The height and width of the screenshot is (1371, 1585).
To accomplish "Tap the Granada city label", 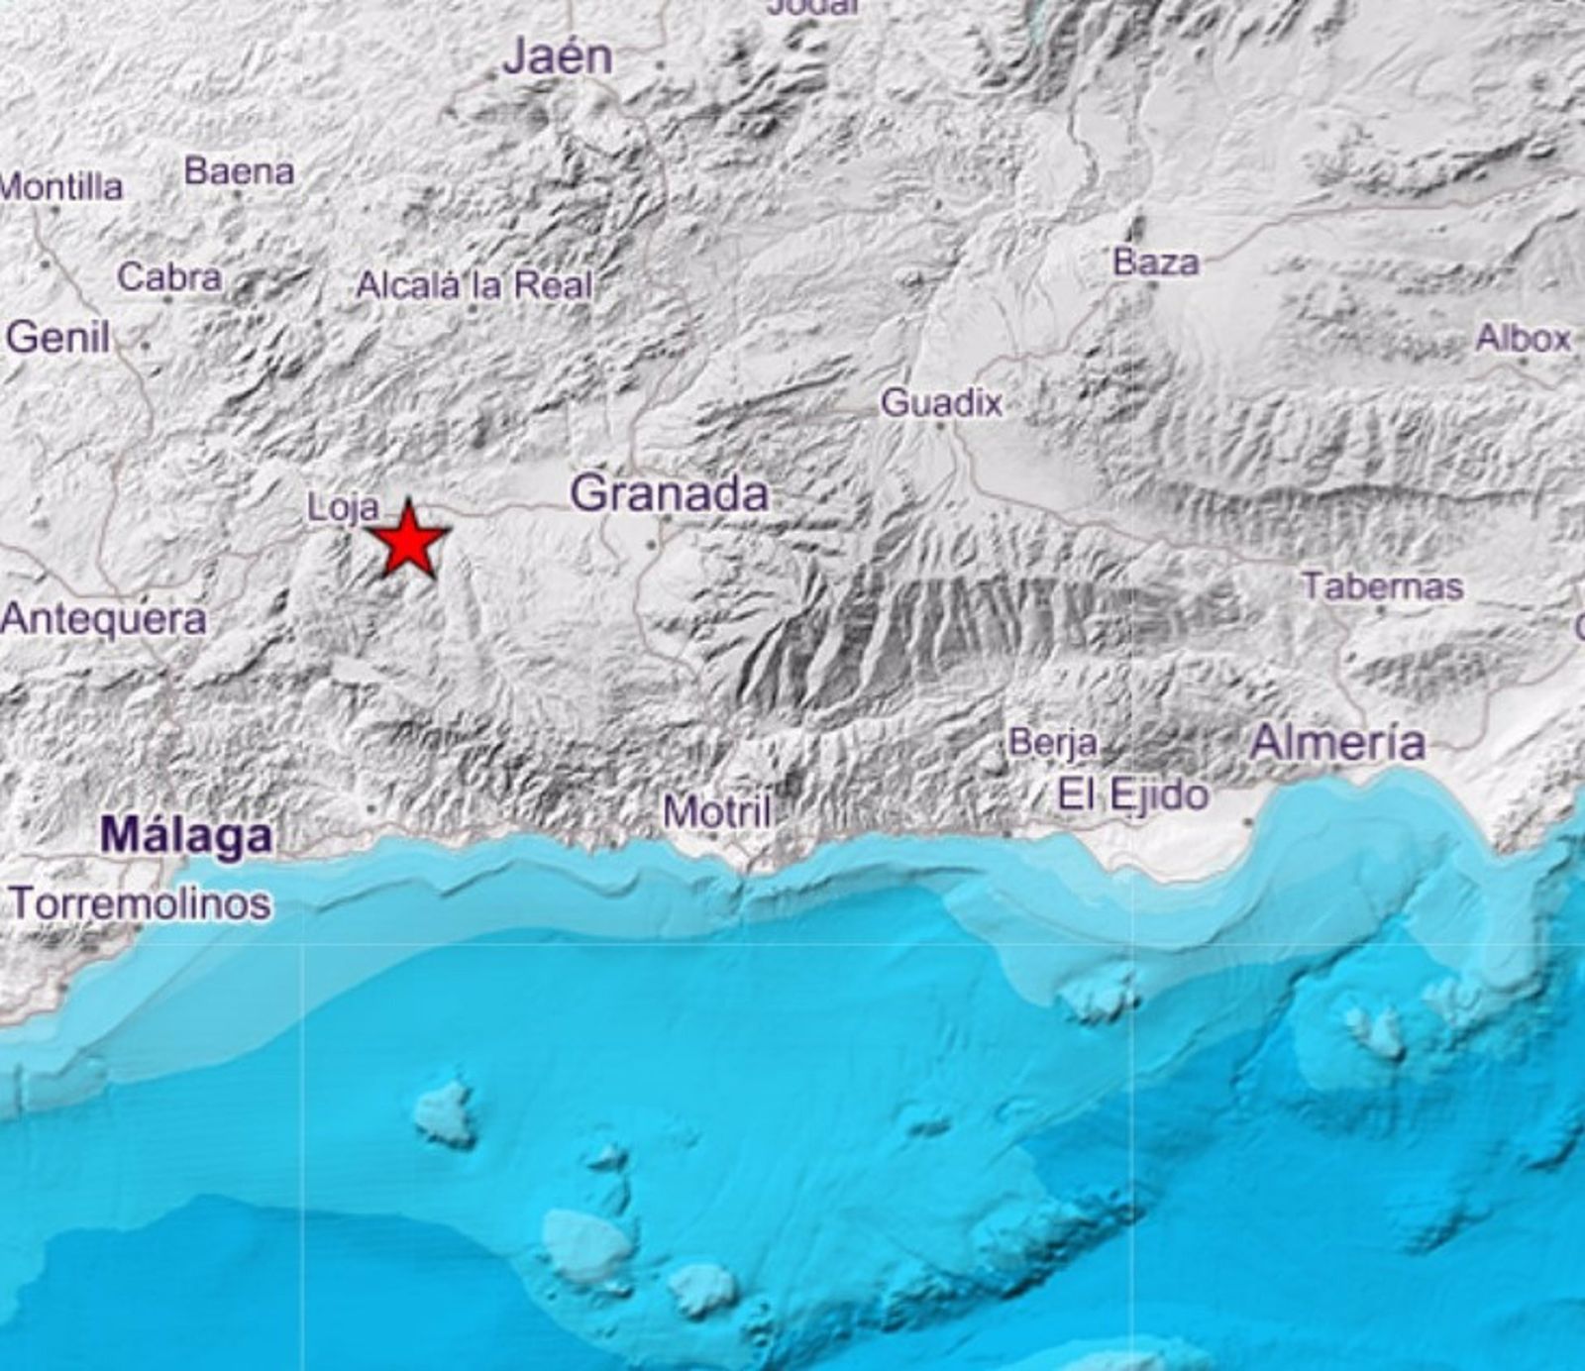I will (670, 493).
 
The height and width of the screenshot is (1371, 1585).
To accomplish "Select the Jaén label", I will (558, 57).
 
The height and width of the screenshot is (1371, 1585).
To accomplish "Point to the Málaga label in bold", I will (187, 836).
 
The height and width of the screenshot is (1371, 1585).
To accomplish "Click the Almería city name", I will (1337, 742).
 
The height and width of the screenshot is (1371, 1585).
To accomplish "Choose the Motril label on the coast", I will (716, 812).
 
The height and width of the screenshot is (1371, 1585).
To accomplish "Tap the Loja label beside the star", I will (343, 508).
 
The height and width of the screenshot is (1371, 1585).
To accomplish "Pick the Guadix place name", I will (941, 403).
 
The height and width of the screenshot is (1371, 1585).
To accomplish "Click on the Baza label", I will (1155, 263).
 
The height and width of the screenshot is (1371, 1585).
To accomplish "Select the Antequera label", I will (104, 620).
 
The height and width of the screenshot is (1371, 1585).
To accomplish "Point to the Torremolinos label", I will (140, 903).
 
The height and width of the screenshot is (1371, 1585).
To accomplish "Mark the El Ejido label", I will (1133, 794).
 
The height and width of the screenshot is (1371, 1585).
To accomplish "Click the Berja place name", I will (1052, 743).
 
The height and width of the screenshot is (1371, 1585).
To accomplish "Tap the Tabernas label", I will (1382, 586).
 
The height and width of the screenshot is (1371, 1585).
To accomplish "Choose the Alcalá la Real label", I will (474, 286).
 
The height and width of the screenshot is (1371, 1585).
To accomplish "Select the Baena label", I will (239, 172).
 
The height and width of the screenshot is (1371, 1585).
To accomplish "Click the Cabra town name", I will (169, 277).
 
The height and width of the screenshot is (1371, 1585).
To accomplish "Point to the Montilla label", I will (61, 187).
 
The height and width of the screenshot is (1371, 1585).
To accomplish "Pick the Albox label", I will (1523, 339).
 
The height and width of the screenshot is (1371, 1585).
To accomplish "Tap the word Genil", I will (57, 338).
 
